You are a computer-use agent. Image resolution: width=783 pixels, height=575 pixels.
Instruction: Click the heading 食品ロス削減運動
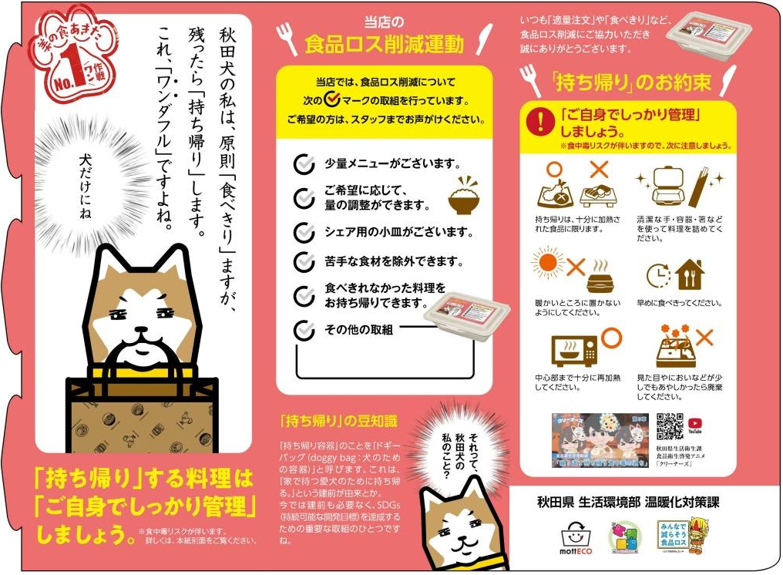384,44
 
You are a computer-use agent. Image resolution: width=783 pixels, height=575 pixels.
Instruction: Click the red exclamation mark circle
545,119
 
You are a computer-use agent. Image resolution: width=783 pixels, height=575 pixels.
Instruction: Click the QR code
670,427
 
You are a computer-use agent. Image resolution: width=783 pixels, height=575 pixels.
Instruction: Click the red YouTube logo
695,422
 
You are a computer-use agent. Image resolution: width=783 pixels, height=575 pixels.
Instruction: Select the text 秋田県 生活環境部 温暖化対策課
627,502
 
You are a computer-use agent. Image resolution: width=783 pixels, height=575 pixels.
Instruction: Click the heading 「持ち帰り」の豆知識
339,421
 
